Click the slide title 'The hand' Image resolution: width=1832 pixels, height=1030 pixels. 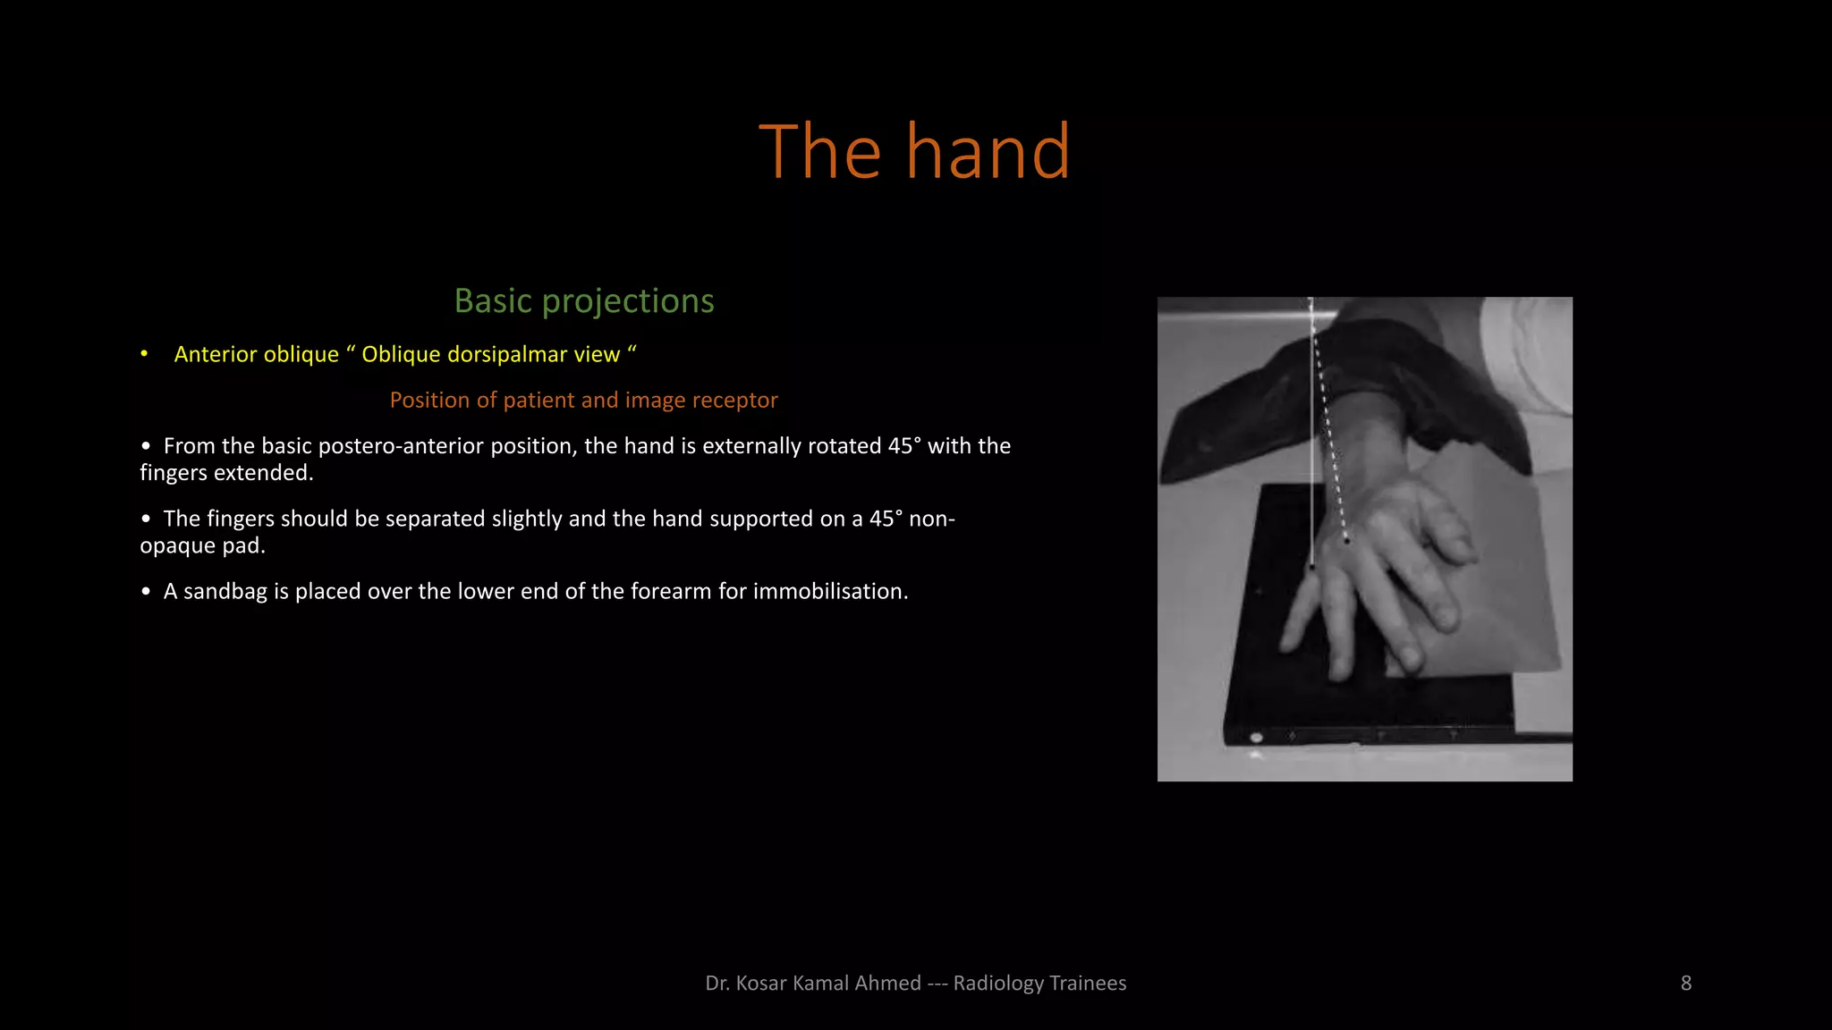pos(914,152)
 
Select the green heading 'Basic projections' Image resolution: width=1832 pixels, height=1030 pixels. pos(584,301)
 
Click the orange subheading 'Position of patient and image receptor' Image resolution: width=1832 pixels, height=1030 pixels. pos(583,400)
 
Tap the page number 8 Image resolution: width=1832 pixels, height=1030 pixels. pos(1685,984)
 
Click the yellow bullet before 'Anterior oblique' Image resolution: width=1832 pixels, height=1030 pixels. pos(144,354)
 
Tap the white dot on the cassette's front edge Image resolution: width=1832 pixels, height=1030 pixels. pos(1256,738)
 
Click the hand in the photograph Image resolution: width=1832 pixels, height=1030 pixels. pos(1378,572)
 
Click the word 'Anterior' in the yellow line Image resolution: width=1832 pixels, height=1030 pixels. pos(212,355)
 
